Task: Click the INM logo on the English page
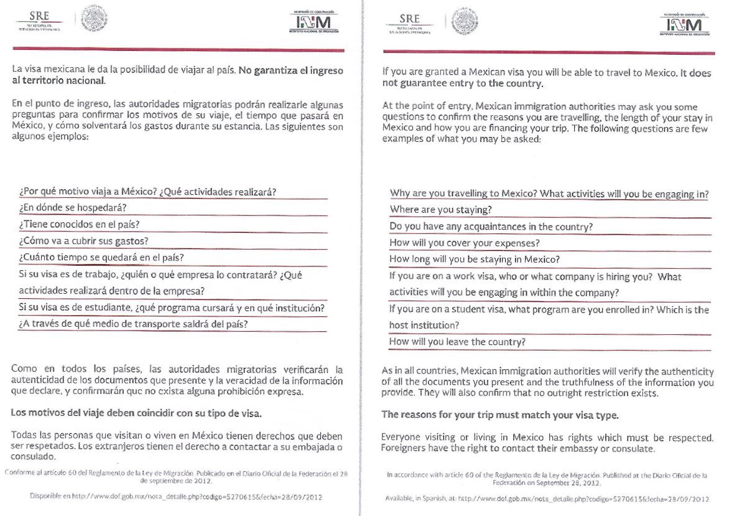tap(683, 25)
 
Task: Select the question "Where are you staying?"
tap(440, 210)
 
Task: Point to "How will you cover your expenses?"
tap(464, 243)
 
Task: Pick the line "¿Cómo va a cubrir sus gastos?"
tap(83, 241)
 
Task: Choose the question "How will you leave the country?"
tap(457, 342)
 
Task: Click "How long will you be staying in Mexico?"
tap(475, 259)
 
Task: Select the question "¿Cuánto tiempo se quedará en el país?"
tap(101, 257)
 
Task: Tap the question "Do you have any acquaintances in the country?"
tap(491, 227)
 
